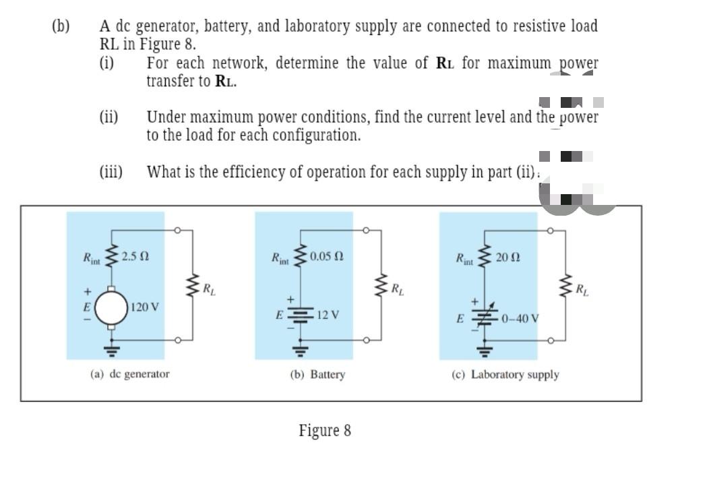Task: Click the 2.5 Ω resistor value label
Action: coord(135,256)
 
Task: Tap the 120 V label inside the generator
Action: coord(145,307)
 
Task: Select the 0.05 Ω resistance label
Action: coord(326,256)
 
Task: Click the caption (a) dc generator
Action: coord(130,373)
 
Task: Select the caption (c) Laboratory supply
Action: coord(505,374)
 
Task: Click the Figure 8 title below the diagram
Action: coord(325,430)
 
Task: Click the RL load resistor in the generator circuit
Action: coord(193,289)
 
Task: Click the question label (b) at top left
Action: coord(61,27)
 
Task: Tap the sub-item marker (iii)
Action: coord(111,171)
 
